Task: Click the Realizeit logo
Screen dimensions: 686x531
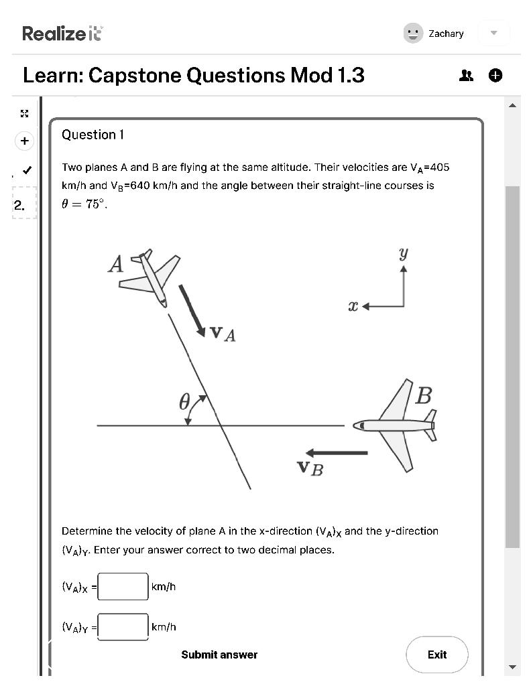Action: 62,33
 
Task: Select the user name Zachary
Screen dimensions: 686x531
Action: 446,33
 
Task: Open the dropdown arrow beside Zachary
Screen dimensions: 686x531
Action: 494,33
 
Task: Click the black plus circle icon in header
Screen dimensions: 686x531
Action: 495,76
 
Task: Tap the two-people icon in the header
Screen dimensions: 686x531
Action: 466,76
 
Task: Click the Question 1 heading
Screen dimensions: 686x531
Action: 93,135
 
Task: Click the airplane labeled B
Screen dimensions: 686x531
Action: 398,425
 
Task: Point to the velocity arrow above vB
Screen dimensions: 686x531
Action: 337,453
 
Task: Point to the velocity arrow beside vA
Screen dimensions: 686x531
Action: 192,310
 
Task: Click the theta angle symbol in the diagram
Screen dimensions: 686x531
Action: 185,403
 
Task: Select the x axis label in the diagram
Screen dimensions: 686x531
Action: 353,306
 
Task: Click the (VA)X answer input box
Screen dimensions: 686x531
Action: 123,587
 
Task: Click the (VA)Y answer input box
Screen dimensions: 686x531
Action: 123,627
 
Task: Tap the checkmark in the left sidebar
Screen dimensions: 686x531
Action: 26,169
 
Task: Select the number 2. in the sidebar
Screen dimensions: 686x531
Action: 19,206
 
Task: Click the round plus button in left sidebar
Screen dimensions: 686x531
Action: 24,141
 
